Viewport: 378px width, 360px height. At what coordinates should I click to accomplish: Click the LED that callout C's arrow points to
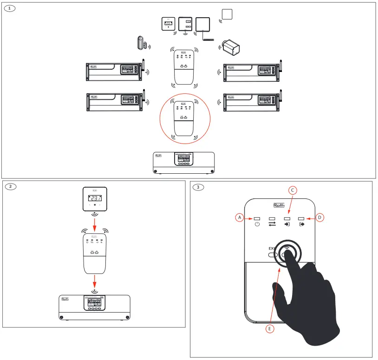(287, 218)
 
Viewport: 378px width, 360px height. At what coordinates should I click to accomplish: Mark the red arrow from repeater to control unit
(95, 281)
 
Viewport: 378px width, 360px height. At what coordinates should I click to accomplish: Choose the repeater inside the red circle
(184, 118)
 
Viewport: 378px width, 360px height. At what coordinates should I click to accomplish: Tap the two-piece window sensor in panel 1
(141, 43)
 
